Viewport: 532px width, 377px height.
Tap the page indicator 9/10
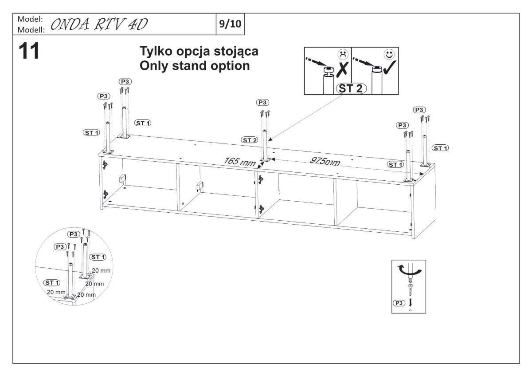click(230, 22)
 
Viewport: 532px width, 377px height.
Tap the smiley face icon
click(389, 55)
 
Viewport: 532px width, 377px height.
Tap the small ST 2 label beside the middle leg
click(249, 140)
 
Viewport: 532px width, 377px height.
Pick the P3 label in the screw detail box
click(399, 302)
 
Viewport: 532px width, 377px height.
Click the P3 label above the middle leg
click(262, 103)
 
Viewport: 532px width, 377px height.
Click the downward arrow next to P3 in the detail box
click(410, 302)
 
